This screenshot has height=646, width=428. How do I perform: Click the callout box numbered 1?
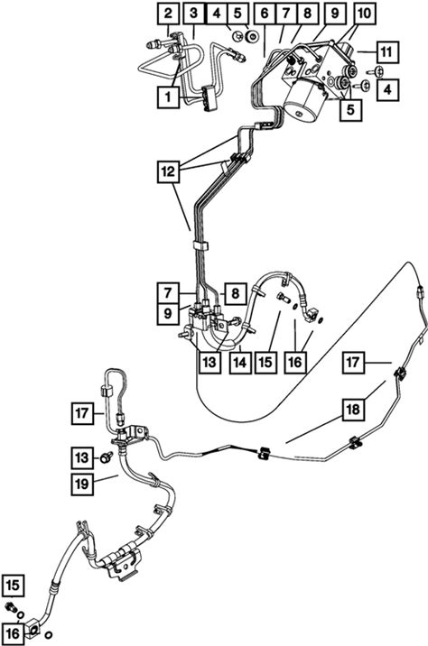coord(168,97)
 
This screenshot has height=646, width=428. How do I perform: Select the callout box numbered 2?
coord(168,14)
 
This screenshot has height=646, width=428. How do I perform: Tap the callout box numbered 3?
coord(194,14)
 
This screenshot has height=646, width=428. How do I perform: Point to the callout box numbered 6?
coord(265,14)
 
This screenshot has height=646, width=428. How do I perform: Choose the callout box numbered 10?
coord(364,14)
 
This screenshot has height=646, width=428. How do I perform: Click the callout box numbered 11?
coord(386,52)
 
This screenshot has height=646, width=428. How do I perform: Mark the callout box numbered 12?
coord(168,171)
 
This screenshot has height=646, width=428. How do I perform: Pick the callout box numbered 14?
coord(240,363)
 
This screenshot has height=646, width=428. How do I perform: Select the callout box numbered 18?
coord(353,409)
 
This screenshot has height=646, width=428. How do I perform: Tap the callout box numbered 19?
coord(82,484)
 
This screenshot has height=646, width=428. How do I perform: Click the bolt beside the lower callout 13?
coord(107,457)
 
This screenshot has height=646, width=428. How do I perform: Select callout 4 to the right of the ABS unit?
coord(387,89)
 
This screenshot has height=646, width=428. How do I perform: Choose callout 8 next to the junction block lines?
coord(236,294)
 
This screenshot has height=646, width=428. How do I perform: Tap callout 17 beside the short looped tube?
coord(82,413)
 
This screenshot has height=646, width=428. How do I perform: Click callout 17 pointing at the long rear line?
coord(353,363)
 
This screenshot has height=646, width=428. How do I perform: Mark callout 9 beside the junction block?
coord(168,314)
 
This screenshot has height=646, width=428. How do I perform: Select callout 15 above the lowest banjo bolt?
coord(13,586)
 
